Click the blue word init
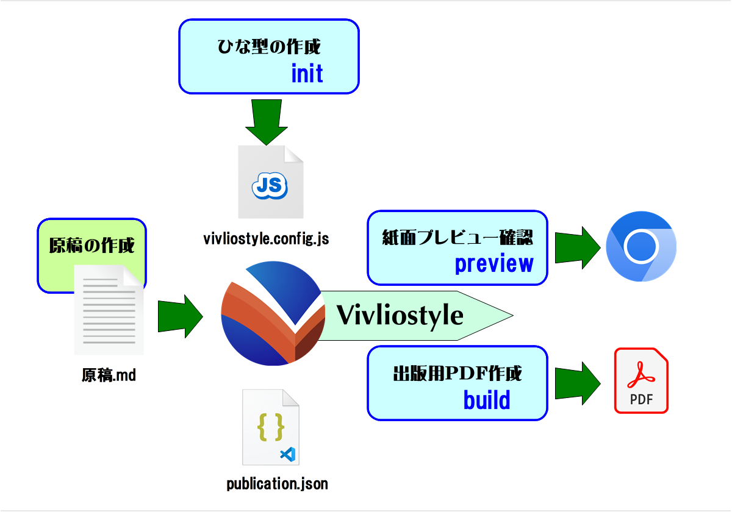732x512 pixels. pos(307,73)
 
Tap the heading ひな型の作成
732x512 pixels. pos(269,46)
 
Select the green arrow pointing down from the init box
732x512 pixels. pos(267,122)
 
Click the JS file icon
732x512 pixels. pos(271,182)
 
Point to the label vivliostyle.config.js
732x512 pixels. pos(266,239)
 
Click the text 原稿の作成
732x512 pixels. pos(91,245)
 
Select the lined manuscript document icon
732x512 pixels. pos(109,310)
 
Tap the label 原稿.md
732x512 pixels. pos(109,375)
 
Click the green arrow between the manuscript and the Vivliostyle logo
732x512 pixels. pos(181,316)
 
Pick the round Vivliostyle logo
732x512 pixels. pos(273,313)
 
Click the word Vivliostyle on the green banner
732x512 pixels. pos(400,316)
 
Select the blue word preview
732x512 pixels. pos(494,264)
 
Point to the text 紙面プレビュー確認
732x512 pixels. pos(457,237)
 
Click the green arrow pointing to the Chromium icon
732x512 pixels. pos(578,247)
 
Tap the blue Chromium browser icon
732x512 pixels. pos(641,246)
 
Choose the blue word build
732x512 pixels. pos(487,400)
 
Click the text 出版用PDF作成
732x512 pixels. pos(457,373)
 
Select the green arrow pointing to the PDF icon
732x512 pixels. pos(578,383)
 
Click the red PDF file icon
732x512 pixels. pos(641,380)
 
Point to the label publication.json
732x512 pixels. pos(277,484)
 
